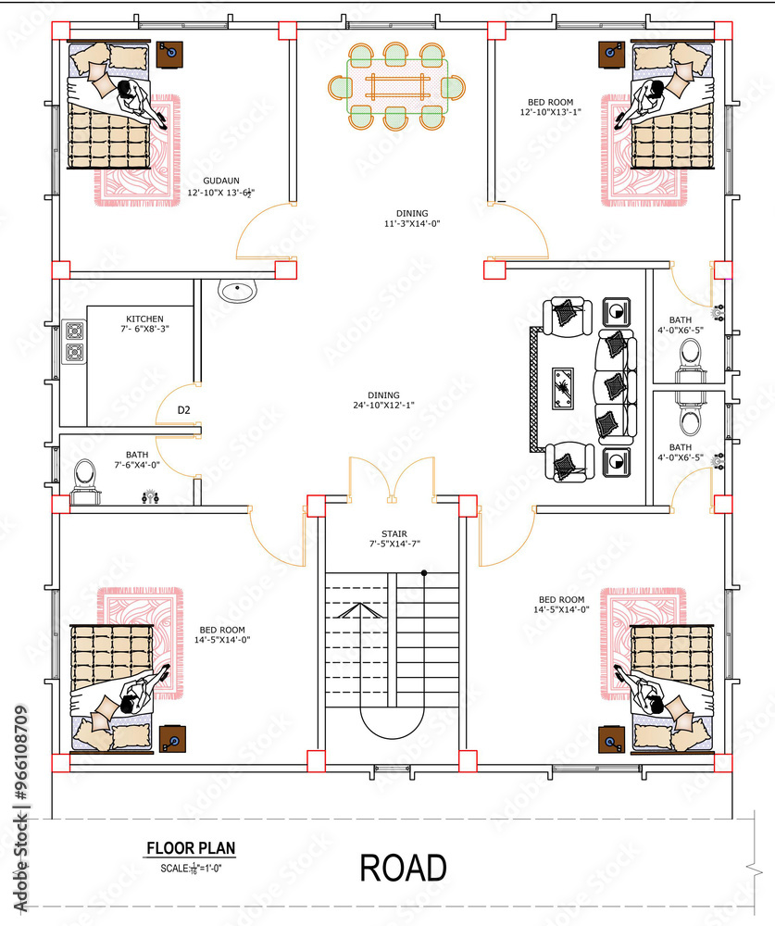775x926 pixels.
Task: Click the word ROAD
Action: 403,869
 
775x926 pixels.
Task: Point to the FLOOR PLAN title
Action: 191,847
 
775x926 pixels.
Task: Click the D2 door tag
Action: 184,409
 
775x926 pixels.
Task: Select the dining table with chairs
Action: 396,87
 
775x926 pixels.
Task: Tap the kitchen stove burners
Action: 73,341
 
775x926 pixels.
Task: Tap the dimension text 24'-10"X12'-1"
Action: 382,406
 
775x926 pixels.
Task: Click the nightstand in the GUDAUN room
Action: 169,55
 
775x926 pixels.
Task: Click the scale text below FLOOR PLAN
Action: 191,868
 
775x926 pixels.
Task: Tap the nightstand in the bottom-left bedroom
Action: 171,739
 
